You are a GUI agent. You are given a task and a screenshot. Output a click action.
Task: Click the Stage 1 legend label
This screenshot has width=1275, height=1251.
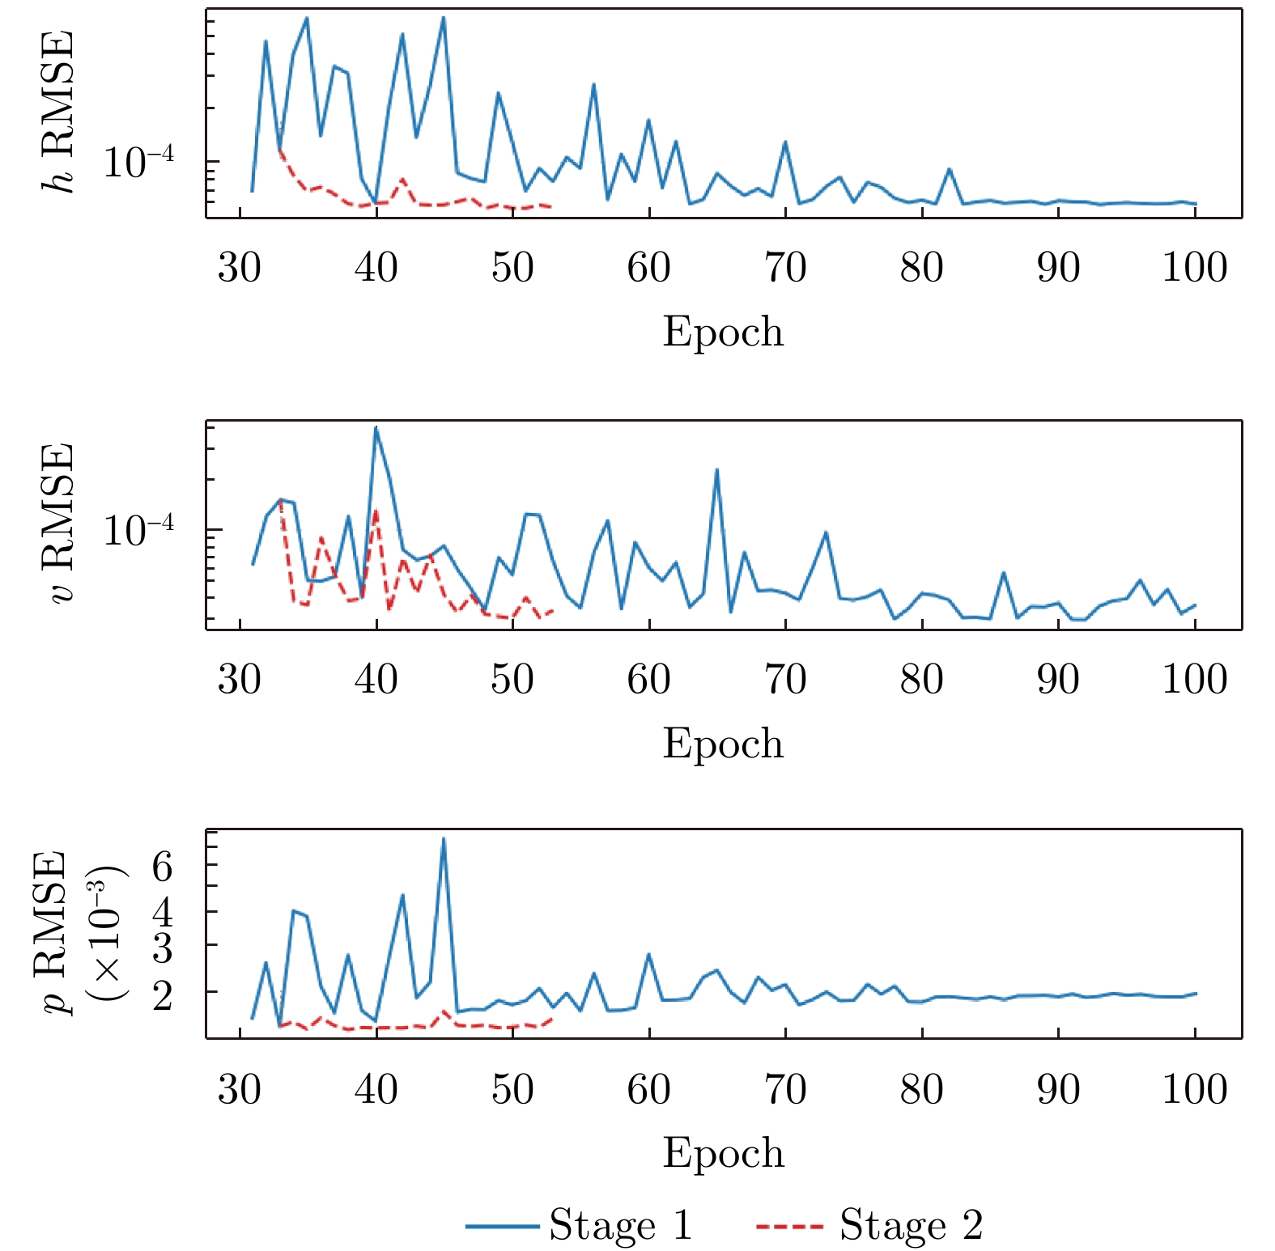tap(621, 1225)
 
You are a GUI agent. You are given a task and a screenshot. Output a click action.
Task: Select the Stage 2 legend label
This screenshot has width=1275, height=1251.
tap(912, 1225)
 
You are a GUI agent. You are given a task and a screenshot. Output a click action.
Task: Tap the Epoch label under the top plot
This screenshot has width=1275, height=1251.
tap(723, 332)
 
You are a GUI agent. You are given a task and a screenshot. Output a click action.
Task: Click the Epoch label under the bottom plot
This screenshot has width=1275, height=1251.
tap(723, 1153)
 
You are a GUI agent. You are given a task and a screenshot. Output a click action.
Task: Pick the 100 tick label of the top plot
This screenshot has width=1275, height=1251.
tap(1194, 268)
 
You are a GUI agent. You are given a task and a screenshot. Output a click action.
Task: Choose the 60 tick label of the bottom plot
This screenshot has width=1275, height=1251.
tap(648, 1090)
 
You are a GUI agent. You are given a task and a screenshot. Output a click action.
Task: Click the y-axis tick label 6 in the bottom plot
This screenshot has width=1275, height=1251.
tap(162, 867)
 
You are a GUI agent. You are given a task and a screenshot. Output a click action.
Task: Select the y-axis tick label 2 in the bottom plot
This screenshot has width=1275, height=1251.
tap(162, 994)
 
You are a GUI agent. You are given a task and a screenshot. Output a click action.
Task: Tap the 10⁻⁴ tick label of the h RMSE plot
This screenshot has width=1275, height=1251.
tap(138, 162)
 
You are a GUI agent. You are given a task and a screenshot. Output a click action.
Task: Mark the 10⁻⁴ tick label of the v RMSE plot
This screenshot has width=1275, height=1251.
tap(138, 530)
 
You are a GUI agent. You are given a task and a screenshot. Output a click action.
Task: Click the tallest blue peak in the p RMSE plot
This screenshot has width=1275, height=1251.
tap(444, 838)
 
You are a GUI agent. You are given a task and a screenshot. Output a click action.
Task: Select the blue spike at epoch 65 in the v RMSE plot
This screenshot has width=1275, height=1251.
tap(716, 469)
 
